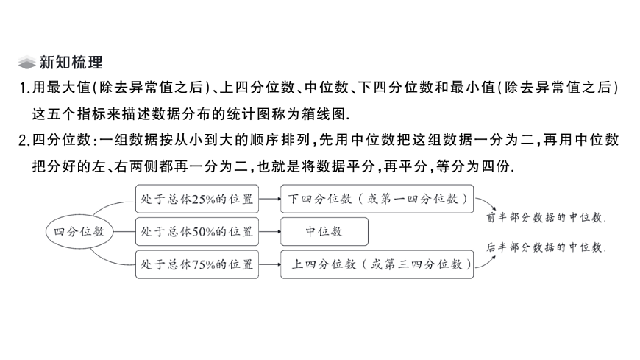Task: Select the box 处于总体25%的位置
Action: (x=196, y=199)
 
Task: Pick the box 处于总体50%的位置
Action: (x=196, y=231)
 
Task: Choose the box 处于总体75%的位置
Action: (x=196, y=264)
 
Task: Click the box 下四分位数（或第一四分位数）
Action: (x=377, y=199)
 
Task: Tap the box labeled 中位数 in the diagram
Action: (x=324, y=231)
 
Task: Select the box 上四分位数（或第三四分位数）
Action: (x=377, y=264)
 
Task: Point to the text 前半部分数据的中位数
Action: (x=547, y=217)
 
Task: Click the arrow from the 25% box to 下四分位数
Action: (x=270, y=199)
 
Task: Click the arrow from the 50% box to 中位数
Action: (x=270, y=231)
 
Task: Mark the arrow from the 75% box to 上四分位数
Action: (x=270, y=264)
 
